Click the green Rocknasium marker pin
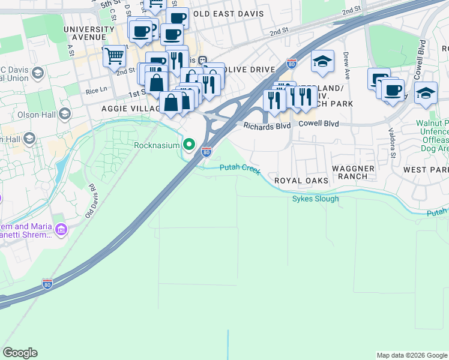[x=190, y=145]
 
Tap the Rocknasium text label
[x=157, y=145]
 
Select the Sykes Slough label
[x=315, y=199]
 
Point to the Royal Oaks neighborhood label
[x=301, y=181]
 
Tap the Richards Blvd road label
[x=267, y=126]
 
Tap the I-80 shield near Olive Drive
[x=292, y=63]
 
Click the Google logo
[x=20, y=353]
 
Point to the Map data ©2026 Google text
[x=411, y=355]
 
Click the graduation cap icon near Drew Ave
[x=323, y=62]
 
